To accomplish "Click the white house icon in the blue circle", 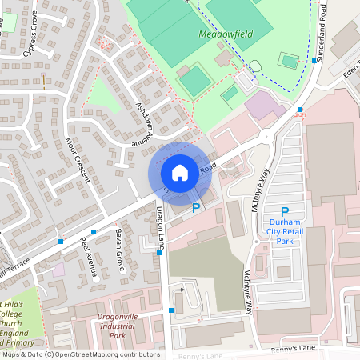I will pos(180,173).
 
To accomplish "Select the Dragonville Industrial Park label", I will pos(118,328).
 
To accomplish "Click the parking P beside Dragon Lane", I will pos(196,208).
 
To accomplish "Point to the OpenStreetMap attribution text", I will pos(80,354).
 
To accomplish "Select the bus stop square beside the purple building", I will pos(299,110).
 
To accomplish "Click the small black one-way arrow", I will pos(180,290).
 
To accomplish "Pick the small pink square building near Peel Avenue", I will pos(58,270).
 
